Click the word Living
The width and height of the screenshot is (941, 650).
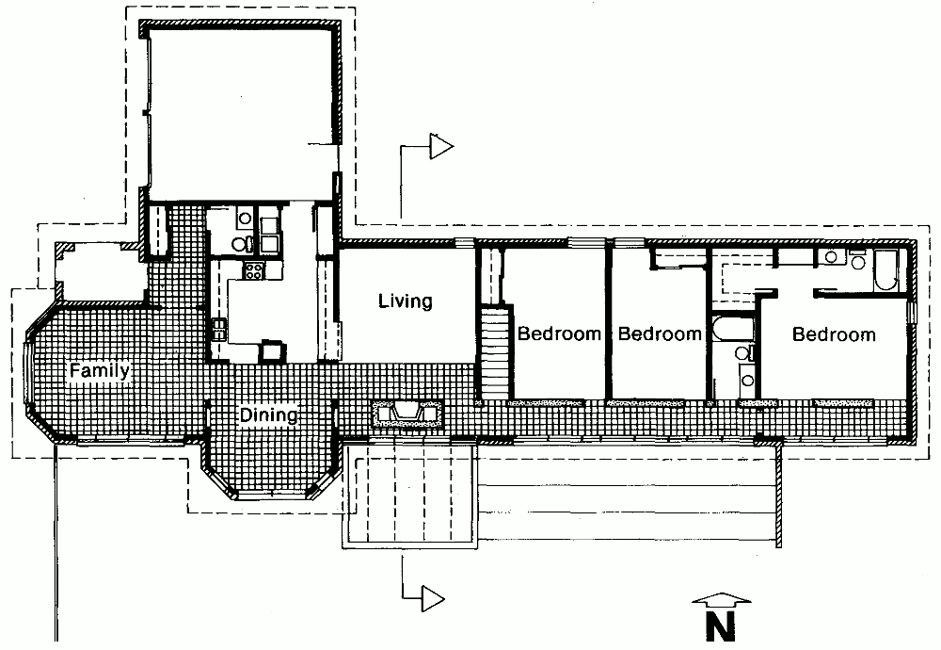point(405,301)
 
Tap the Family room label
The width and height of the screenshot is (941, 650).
point(99,370)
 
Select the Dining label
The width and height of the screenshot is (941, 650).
point(268,415)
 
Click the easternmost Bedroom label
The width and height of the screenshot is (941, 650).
point(834,334)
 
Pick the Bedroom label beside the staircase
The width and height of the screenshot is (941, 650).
point(559,333)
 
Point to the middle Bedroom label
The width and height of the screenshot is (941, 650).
point(660,333)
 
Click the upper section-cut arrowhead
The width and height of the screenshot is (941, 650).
point(441,147)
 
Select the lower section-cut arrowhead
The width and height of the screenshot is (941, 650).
point(433,598)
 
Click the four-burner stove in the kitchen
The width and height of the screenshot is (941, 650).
point(253,271)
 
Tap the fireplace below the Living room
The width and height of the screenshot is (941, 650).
point(407,414)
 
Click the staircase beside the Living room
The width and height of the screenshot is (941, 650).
point(495,353)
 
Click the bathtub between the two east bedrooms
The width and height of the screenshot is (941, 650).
point(732,329)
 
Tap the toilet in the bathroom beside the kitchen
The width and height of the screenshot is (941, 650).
point(241,243)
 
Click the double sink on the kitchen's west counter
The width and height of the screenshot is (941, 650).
point(219,329)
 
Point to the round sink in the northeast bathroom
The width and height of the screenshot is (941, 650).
point(832,257)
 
